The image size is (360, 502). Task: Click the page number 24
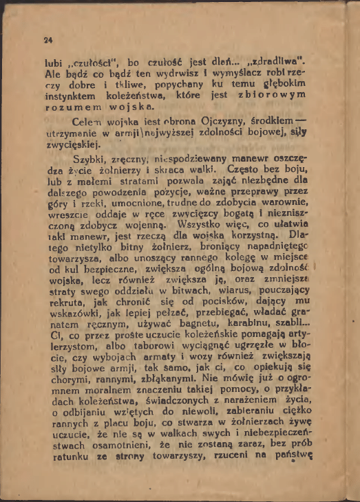click(47, 39)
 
